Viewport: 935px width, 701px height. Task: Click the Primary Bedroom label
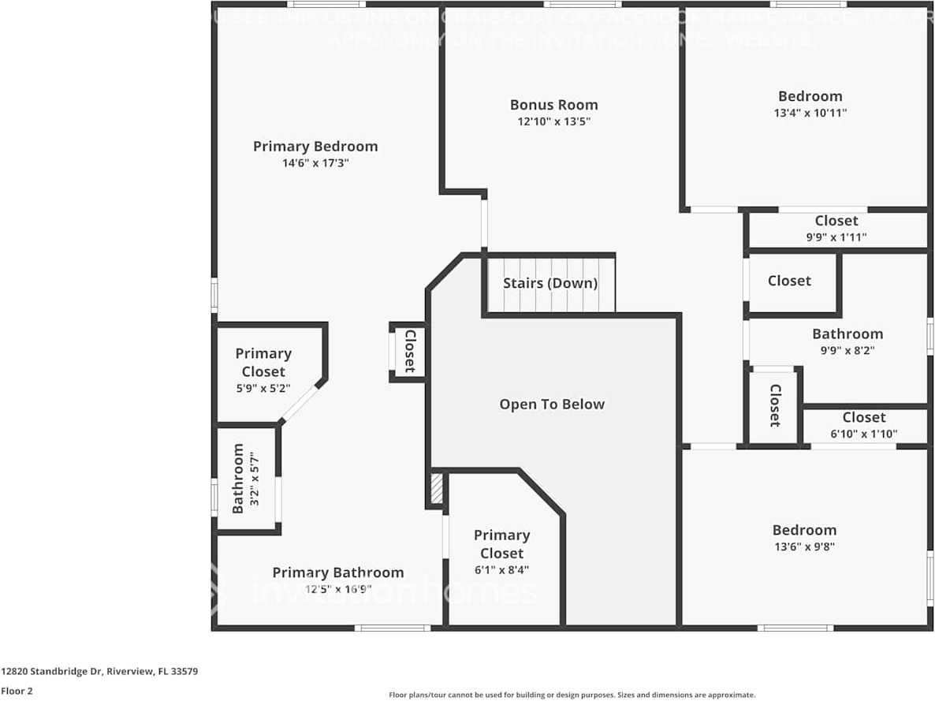pos(315,146)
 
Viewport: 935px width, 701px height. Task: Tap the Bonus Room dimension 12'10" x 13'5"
pos(553,121)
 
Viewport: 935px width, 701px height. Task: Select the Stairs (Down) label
pos(549,283)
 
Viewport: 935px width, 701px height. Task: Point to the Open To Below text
pos(551,405)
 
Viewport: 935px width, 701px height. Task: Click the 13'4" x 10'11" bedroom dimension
pos(810,113)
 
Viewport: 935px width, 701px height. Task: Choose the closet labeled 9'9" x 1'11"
pos(836,229)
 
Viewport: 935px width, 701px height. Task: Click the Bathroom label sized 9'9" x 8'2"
pos(847,334)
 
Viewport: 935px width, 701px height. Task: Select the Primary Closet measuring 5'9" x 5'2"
pos(263,371)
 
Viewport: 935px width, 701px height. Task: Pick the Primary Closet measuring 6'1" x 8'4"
pos(501,552)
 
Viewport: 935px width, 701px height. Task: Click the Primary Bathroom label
pos(337,572)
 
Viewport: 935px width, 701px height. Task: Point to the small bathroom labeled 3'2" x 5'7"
pos(244,479)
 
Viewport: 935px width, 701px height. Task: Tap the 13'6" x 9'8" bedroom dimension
pos(804,546)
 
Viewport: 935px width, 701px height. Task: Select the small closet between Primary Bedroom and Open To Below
pos(409,351)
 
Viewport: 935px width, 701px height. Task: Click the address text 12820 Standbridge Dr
pos(99,672)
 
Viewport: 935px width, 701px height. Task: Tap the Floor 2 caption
pos(17,692)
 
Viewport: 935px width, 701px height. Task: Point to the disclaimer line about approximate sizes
pos(572,695)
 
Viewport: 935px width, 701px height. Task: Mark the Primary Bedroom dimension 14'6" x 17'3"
pos(315,163)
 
